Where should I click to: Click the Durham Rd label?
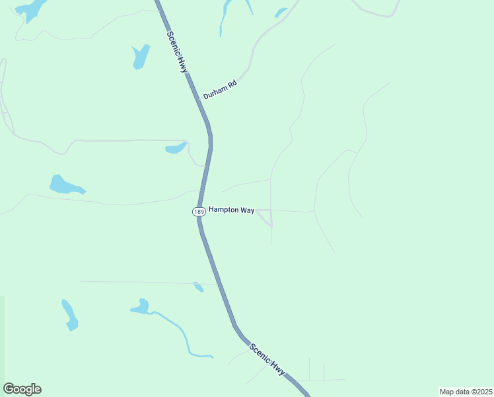point(220,90)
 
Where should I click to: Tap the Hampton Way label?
point(231,210)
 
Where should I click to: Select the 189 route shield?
point(199,211)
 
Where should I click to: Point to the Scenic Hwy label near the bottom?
point(267,359)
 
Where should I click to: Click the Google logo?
point(22,389)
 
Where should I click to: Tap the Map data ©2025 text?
point(465,391)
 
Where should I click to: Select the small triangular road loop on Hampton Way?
point(265,216)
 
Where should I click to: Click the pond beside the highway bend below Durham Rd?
point(176,148)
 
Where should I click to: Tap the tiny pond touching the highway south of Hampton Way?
point(198,287)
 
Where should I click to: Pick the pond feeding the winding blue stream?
point(141,307)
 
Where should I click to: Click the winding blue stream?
point(182,333)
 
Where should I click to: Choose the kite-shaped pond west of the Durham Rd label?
point(140,56)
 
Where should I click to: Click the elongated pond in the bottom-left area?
point(69,315)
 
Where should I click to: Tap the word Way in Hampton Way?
point(246,210)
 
